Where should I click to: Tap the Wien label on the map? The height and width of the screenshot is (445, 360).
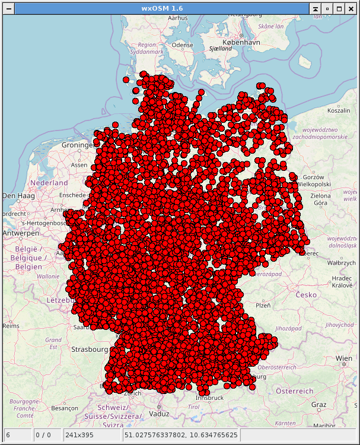344,358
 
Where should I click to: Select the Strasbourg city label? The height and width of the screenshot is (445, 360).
89,349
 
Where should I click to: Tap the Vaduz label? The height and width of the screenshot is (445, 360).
160,414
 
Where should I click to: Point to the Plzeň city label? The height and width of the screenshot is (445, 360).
262,305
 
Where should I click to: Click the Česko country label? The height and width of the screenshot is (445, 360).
307,295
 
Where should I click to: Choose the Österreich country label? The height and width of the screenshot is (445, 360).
295,391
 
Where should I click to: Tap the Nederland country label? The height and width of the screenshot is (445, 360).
49,183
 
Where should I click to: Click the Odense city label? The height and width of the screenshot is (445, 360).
183,45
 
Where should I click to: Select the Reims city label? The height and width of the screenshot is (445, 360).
11,326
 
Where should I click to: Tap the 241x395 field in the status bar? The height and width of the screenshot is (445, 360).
79,435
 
